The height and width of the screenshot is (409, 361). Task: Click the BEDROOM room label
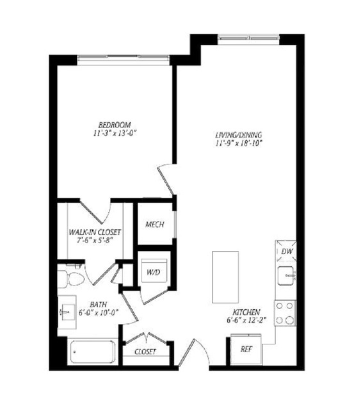115,125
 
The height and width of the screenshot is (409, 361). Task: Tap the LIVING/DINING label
238,135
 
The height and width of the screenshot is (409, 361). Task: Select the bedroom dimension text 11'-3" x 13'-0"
115,133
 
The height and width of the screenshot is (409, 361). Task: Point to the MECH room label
155,224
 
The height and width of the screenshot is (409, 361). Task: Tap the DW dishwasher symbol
286,252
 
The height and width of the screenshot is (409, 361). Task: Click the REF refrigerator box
246,349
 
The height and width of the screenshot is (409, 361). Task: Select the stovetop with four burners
285,313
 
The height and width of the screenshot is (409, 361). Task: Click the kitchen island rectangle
225,277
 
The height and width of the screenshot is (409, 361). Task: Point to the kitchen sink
286,276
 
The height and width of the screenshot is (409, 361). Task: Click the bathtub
93,352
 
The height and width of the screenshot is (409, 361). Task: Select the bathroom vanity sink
67,312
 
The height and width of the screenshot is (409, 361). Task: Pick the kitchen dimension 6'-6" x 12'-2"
246,320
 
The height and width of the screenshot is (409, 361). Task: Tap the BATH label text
99,305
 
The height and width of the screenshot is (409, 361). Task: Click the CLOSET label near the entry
145,351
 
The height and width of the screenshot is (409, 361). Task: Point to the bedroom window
124,60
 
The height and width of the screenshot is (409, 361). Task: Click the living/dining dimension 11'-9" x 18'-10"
239,143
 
